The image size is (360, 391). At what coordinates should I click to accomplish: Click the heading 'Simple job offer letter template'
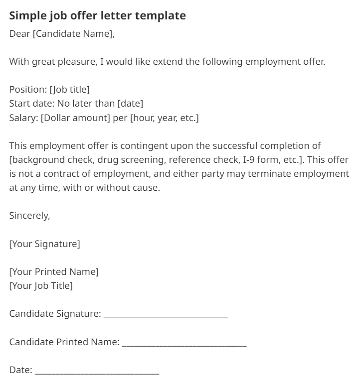pos(98,15)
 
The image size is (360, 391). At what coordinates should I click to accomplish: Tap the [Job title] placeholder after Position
pos(69,90)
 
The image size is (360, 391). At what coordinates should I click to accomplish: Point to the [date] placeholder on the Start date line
pos(130,104)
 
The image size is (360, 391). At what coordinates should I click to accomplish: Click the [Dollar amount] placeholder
pos(73,118)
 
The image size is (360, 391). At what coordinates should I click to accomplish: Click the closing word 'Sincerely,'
pos(30,216)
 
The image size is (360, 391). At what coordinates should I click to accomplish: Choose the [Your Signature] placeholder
pos(44,244)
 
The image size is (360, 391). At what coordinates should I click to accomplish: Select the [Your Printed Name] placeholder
pos(54,272)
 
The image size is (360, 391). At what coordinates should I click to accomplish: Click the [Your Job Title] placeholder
pos(41,286)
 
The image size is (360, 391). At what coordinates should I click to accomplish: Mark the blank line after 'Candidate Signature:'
pos(166,315)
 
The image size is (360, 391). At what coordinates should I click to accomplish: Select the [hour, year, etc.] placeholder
pos(166,118)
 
